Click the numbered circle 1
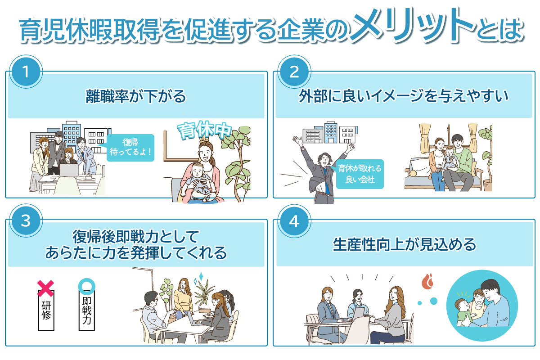pos(26,72)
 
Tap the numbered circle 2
pos(294,72)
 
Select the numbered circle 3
pos(26,220)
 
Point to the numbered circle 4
pos(294,220)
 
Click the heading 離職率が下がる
pos(136,96)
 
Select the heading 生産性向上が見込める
pos(405,244)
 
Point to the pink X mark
pos(45,288)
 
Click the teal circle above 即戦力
pos(87,286)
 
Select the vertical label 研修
pos(46,310)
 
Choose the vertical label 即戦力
pos(87,310)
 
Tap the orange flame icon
pos(427,281)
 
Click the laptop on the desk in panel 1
pos(69,170)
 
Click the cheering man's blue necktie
pos(326,181)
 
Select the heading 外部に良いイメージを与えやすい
pos(404,96)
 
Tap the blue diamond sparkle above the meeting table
pos(201,276)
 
